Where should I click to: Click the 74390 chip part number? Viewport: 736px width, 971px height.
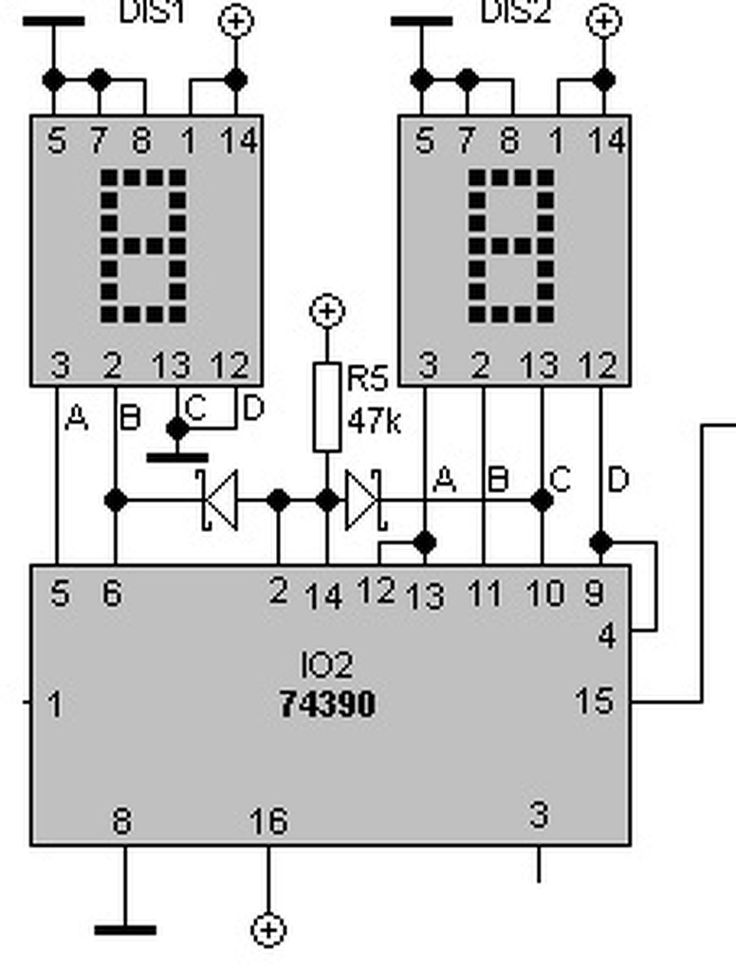click(x=327, y=705)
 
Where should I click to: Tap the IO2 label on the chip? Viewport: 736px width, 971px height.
click(x=327, y=665)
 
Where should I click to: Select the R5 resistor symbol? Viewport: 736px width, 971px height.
click(x=326, y=406)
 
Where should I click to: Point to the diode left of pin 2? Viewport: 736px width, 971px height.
click(x=219, y=501)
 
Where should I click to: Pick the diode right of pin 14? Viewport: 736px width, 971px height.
click(x=363, y=501)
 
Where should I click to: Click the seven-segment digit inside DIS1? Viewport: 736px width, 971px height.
click(x=145, y=247)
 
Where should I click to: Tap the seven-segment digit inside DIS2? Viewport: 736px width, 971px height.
click(x=513, y=247)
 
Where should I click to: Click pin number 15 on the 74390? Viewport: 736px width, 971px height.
click(x=595, y=702)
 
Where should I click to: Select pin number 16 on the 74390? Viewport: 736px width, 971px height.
click(x=268, y=821)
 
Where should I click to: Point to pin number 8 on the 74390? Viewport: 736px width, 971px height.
click(x=122, y=821)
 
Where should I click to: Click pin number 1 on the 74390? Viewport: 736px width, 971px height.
click(x=56, y=705)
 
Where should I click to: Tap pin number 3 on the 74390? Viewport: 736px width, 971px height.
click(x=539, y=815)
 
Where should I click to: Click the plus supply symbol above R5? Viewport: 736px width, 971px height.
click(x=327, y=310)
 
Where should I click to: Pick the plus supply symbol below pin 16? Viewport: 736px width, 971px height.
click(x=268, y=929)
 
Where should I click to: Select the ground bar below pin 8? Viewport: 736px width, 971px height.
click(x=125, y=929)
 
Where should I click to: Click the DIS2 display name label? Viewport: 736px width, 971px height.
click(x=515, y=12)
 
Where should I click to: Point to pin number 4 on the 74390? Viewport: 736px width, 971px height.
click(x=607, y=634)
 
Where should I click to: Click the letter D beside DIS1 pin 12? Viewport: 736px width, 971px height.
click(x=252, y=409)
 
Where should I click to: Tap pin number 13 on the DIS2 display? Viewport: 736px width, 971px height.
click(x=541, y=364)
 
